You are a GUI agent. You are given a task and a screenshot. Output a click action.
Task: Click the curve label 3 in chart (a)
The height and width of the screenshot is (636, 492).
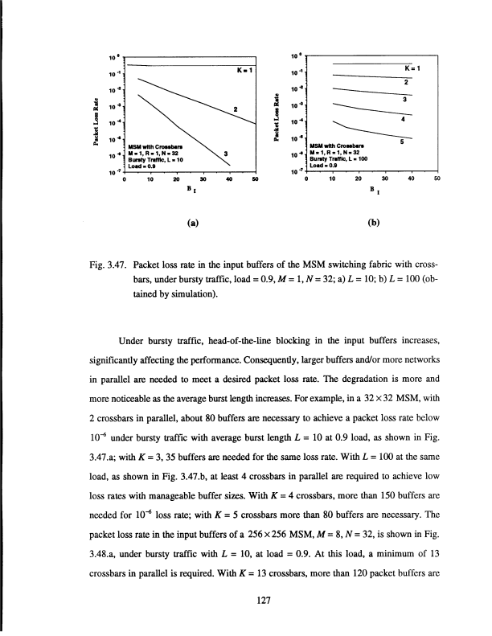(228, 153)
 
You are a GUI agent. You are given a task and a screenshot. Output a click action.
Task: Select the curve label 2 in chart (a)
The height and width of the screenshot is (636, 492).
(236, 108)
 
